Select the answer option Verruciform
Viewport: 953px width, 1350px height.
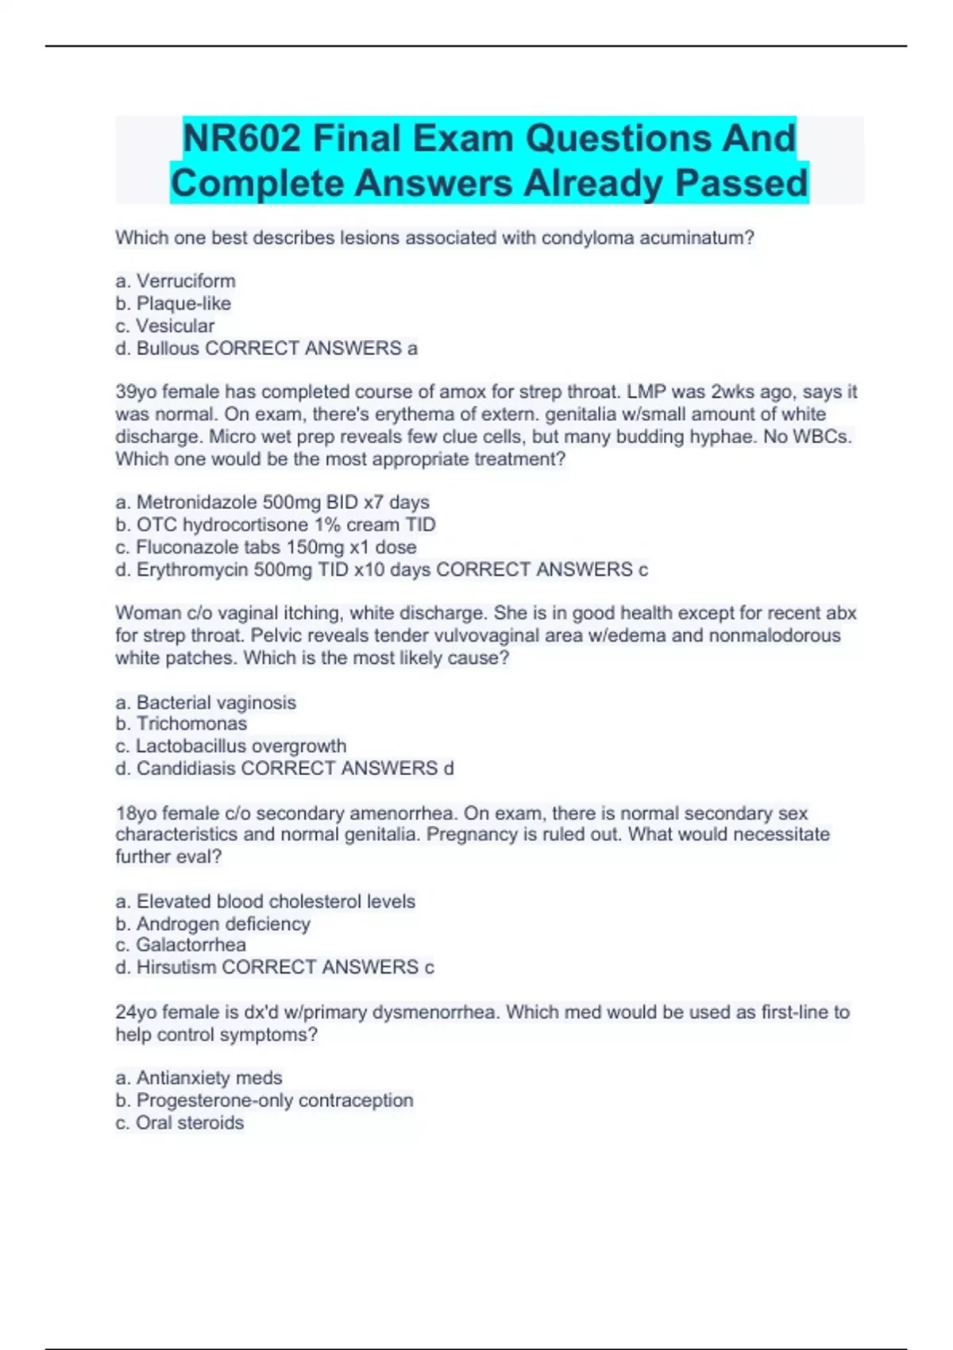pyautogui.click(x=185, y=281)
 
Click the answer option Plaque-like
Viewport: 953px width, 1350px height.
pyautogui.click(x=183, y=303)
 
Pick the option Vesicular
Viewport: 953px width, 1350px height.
pyautogui.click(x=175, y=326)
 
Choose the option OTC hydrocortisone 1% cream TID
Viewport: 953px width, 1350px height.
pyautogui.click(x=285, y=525)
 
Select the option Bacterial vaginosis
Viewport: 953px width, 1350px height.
pyautogui.click(x=215, y=703)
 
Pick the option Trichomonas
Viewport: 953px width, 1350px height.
pyautogui.click(x=191, y=723)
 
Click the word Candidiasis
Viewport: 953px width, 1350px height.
pyautogui.click(x=186, y=769)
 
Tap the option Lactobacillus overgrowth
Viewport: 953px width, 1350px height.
pyautogui.click(x=240, y=746)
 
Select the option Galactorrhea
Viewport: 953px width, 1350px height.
pyautogui.click(x=190, y=945)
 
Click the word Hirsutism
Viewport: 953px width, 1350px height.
pyautogui.click(x=176, y=967)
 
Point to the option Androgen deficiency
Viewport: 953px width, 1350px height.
pyautogui.click(x=222, y=924)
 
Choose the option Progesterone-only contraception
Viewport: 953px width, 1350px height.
pyautogui.click(x=274, y=1101)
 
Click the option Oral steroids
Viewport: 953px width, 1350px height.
pyautogui.click(x=189, y=1123)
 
